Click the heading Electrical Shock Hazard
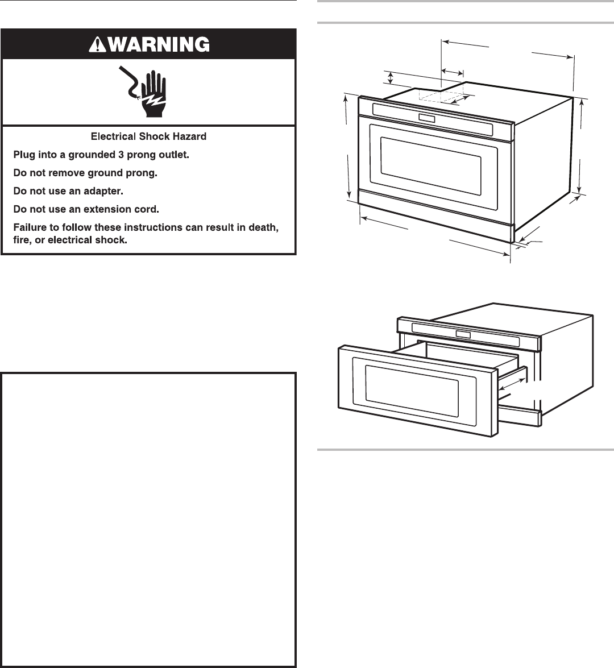coord(149,136)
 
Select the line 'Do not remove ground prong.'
coord(85,172)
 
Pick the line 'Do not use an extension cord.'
coord(86,209)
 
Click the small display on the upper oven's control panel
coord(427,118)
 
